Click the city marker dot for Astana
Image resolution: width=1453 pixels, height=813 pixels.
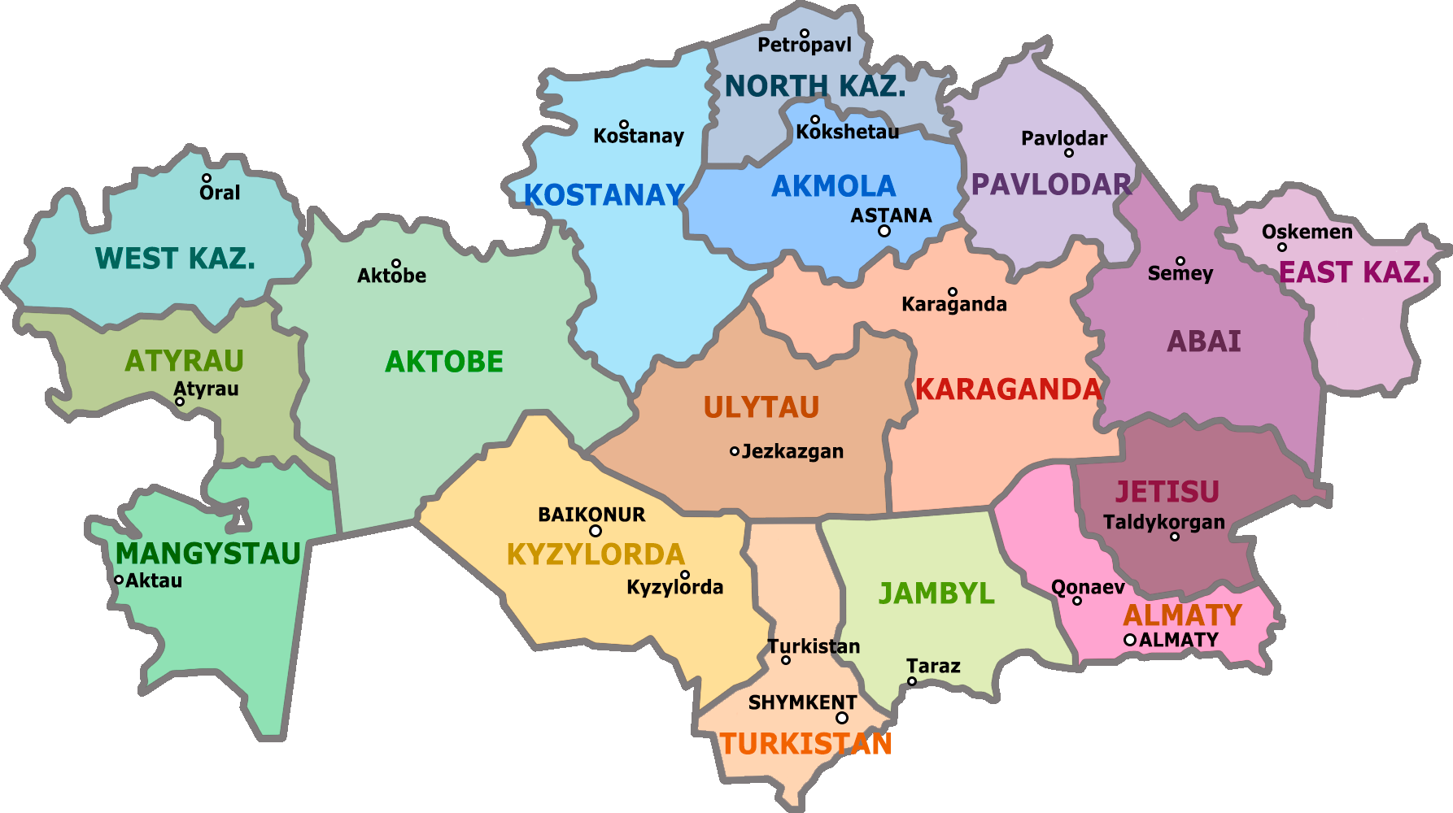point(884,231)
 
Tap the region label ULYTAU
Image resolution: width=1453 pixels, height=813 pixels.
point(761,407)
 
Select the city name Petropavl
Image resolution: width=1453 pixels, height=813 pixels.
point(805,46)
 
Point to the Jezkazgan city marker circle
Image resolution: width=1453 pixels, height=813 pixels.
point(735,451)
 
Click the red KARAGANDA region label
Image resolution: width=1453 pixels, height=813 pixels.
point(1008,389)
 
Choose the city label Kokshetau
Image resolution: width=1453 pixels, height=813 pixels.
point(848,132)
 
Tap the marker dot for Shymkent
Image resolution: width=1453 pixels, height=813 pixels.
point(842,718)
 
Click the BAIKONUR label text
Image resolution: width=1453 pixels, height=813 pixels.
point(591,515)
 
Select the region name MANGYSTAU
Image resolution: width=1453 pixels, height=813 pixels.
point(208,554)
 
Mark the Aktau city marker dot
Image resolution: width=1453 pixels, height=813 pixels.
point(119,580)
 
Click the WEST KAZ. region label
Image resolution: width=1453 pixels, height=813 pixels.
point(175,259)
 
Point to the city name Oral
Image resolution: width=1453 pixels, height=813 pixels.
point(220,193)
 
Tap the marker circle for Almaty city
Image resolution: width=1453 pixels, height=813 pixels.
point(1130,640)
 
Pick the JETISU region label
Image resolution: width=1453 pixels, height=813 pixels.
point(1167,492)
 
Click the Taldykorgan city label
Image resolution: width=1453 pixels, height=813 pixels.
point(1163,522)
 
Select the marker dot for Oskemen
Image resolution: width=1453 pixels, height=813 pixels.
point(1282,247)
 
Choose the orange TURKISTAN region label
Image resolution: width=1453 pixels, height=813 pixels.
point(805,744)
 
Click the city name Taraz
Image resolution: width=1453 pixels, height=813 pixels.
point(933,667)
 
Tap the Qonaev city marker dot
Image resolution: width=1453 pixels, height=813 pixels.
point(1077,601)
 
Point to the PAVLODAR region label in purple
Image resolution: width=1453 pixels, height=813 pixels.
point(1051,185)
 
